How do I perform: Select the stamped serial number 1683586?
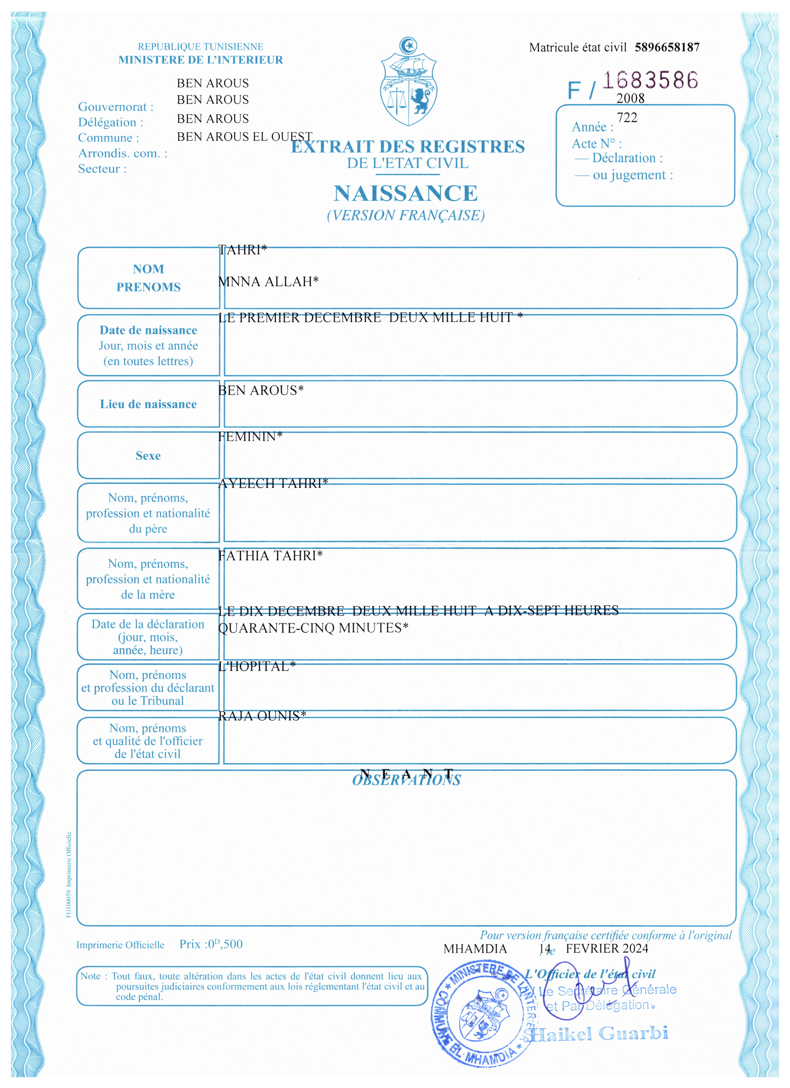[x=650, y=80]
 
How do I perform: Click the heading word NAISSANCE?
[x=406, y=193]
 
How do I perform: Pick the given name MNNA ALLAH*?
[x=268, y=282]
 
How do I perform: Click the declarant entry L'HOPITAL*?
[x=257, y=666]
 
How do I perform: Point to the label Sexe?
[x=148, y=456]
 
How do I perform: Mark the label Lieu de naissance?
[x=148, y=404]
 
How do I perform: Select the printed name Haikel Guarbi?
[x=599, y=1034]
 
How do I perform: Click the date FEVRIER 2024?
[x=607, y=948]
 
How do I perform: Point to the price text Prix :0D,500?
[x=211, y=944]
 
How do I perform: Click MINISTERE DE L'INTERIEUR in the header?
[x=201, y=60]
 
